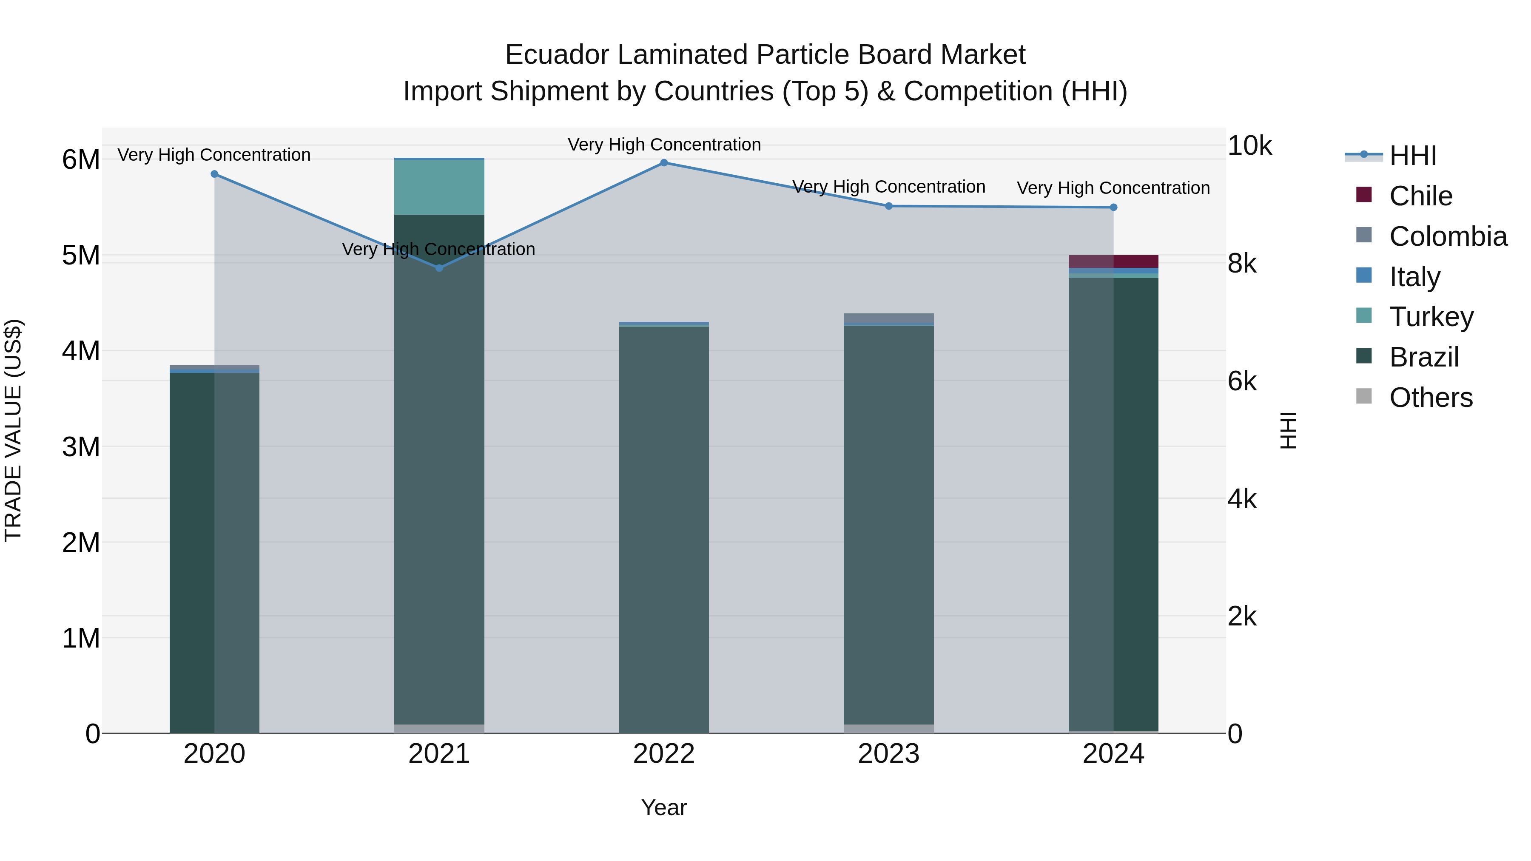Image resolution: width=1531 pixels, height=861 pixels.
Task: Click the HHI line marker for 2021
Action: pos(439,268)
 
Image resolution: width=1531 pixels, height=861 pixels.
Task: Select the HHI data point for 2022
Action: pos(664,163)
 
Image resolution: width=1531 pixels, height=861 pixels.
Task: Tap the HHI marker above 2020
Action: pos(215,174)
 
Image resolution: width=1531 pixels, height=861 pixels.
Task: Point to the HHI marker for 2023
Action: pos(888,206)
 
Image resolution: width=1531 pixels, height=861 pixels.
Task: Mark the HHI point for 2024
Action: pos(1113,207)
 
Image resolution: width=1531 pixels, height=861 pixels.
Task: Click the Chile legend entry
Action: pos(1420,196)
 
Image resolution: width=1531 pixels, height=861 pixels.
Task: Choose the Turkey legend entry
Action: pos(1431,317)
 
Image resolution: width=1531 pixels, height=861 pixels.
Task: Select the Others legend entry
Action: pos(1431,398)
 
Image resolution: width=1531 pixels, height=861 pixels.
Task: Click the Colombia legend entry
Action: pos(1448,236)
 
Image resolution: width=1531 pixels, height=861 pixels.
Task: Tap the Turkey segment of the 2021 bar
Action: pos(439,187)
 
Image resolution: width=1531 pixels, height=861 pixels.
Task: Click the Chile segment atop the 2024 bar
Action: pos(1113,261)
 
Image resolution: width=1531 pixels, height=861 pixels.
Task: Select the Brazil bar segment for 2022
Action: pos(664,529)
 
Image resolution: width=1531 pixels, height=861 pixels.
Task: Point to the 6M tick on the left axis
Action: pos(81,160)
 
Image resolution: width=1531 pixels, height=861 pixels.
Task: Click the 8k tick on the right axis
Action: pos(1242,263)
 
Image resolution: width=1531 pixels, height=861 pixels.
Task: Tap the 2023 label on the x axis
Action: pos(888,754)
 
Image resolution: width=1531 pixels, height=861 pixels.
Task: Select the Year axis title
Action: pos(664,807)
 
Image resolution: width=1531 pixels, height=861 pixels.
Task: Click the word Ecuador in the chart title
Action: pos(556,55)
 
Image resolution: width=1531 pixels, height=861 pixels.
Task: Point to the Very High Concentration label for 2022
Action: pos(664,145)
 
